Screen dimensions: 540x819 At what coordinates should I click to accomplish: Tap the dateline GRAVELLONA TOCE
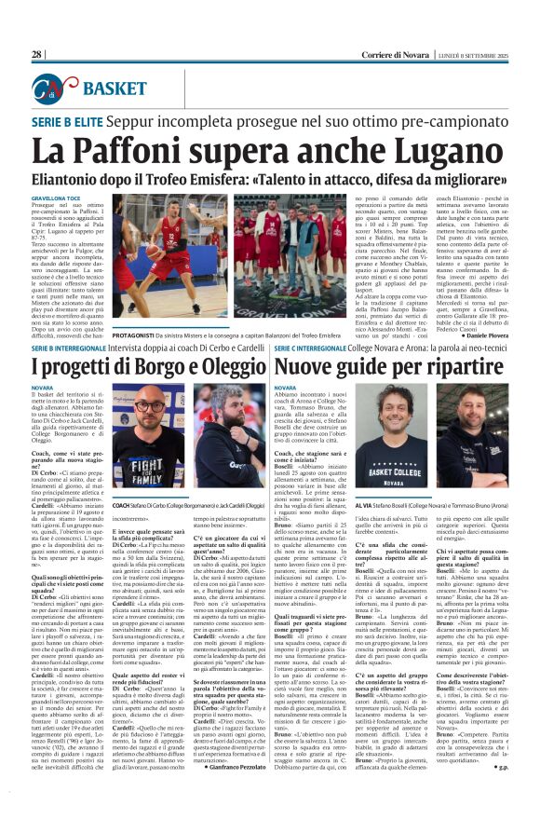[x=53, y=199]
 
